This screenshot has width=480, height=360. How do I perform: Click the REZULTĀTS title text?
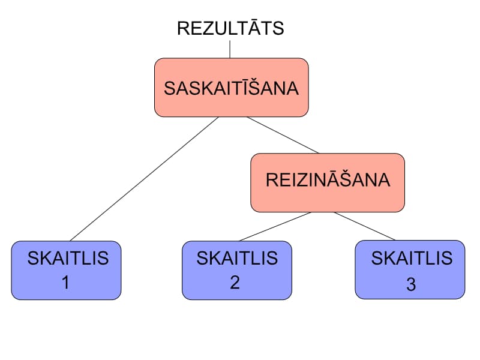(x=230, y=28)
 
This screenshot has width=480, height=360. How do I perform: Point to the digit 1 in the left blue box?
(x=66, y=282)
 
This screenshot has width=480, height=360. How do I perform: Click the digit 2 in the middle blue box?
(x=235, y=282)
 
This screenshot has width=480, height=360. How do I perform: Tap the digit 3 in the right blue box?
(x=411, y=284)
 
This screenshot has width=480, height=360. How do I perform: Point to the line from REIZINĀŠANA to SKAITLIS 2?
(x=275, y=226)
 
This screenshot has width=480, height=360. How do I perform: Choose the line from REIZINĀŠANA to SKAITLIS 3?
(x=365, y=226)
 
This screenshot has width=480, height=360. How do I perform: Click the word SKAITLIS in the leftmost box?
(x=68, y=259)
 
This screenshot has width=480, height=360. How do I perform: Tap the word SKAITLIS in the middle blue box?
(x=237, y=258)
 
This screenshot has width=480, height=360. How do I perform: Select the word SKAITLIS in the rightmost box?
(x=412, y=258)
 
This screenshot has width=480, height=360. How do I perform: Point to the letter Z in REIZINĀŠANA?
(x=298, y=180)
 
